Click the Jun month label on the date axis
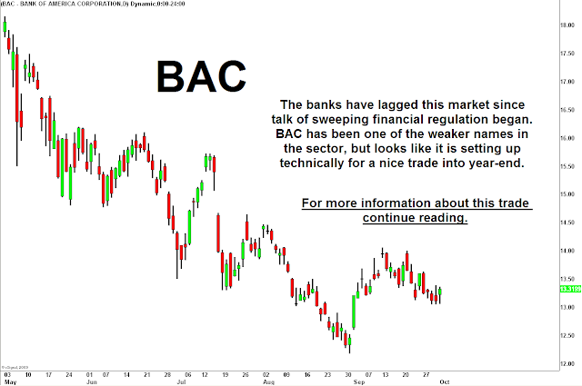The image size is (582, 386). pos(92,382)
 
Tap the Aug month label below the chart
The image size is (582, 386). pos(267,382)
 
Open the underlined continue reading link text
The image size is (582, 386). pos(416,219)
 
